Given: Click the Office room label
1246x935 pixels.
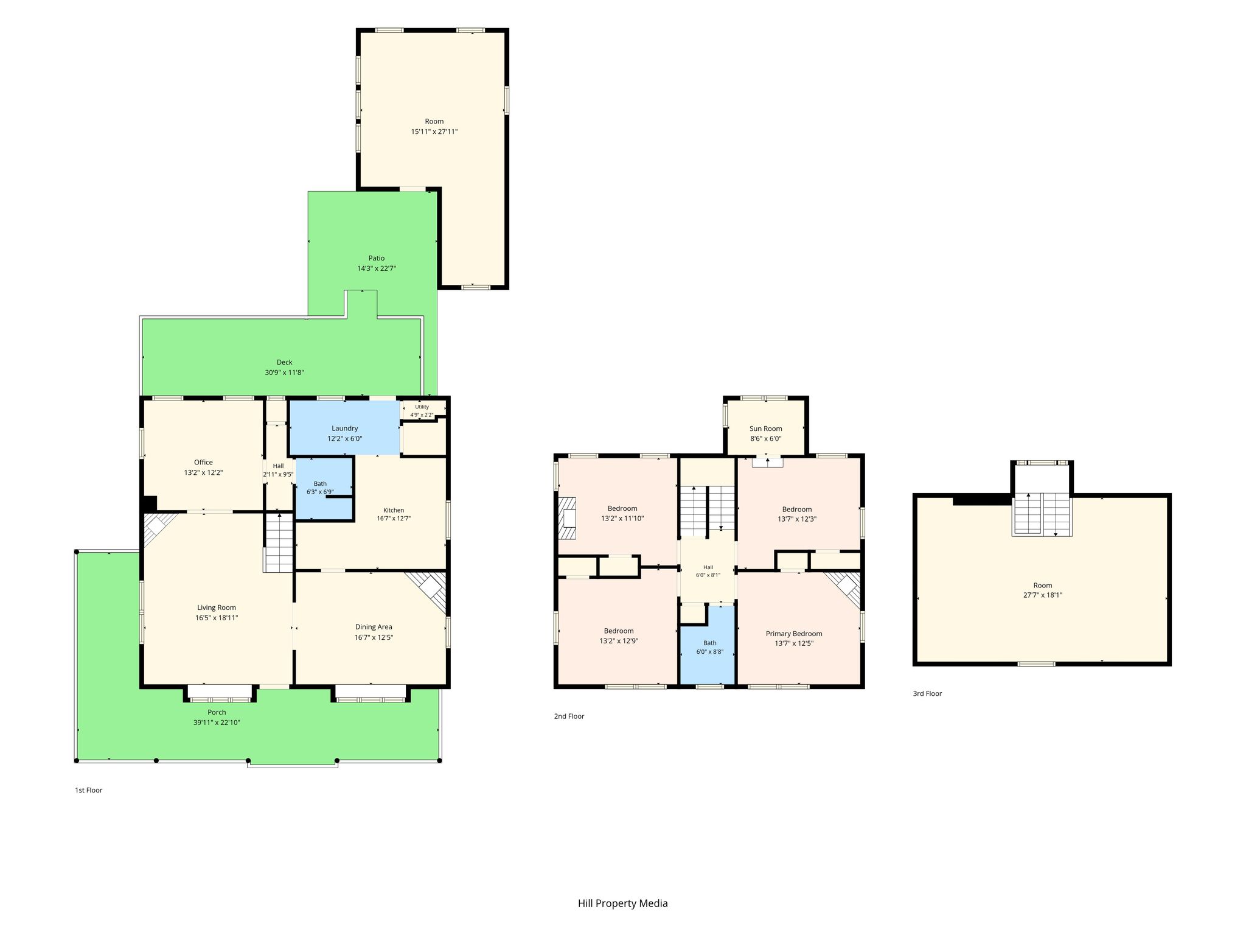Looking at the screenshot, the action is pyautogui.click(x=203, y=462).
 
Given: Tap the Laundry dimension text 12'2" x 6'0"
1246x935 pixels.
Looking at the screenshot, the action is pyautogui.click(x=345, y=438).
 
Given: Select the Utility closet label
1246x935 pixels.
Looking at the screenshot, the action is pyautogui.click(x=422, y=407).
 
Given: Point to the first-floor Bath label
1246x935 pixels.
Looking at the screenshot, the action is pyautogui.click(x=320, y=484).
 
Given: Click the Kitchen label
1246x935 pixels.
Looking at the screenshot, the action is pyautogui.click(x=394, y=510).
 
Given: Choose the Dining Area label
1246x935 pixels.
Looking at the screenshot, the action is pyautogui.click(x=374, y=627).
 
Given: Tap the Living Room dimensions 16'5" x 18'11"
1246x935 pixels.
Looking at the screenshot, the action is pyautogui.click(x=217, y=618).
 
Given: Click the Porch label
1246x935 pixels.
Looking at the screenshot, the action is pyautogui.click(x=217, y=712).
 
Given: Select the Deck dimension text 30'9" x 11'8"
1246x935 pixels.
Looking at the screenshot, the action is pyautogui.click(x=285, y=373).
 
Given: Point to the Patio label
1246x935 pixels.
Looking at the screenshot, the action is pyautogui.click(x=377, y=258).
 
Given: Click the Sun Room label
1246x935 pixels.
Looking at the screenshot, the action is pyautogui.click(x=766, y=429).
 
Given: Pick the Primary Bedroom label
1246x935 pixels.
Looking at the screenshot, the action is pyautogui.click(x=794, y=634).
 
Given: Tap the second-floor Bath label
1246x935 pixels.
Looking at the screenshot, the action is pyautogui.click(x=710, y=643).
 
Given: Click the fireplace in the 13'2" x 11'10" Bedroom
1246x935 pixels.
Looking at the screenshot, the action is pyautogui.click(x=567, y=519).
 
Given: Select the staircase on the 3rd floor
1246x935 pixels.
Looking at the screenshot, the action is pyautogui.click(x=1042, y=514).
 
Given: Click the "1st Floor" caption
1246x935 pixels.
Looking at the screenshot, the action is pyautogui.click(x=89, y=790).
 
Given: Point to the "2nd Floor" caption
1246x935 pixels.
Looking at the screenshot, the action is pyautogui.click(x=569, y=716).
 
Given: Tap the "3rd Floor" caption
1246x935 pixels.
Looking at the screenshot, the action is pyautogui.click(x=927, y=693).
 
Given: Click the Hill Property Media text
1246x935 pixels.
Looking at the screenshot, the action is pyautogui.click(x=623, y=903).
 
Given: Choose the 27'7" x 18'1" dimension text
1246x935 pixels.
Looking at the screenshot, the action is pyautogui.click(x=1043, y=595).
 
